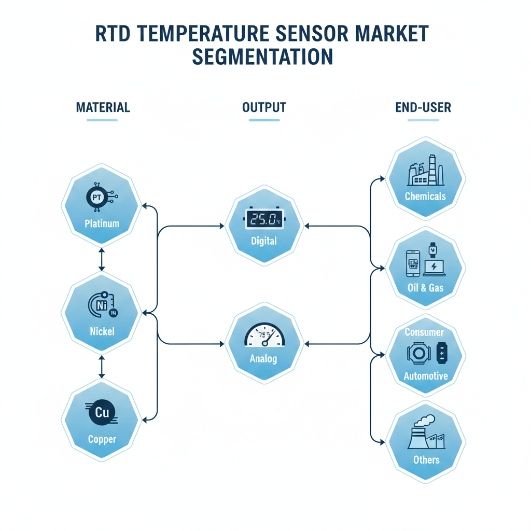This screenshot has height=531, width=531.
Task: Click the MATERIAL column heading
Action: [x=103, y=108]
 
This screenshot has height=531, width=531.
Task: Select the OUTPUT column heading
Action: [x=264, y=108]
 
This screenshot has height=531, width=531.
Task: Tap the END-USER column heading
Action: [x=423, y=108]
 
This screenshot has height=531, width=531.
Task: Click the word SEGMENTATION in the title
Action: [x=262, y=57]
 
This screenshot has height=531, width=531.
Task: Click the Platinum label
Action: [x=102, y=224]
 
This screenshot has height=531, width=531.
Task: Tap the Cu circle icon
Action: [x=101, y=413]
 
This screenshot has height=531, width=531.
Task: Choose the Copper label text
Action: [x=102, y=439]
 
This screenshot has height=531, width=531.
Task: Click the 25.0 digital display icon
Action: [x=263, y=219]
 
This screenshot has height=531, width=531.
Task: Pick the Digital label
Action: [x=263, y=241]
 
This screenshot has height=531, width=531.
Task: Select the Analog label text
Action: [x=263, y=358]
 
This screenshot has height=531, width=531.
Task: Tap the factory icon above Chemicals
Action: [x=425, y=172]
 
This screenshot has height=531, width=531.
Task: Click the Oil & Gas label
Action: [x=425, y=287]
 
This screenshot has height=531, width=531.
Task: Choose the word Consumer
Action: [x=424, y=332]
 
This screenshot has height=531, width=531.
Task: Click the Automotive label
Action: [x=425, y=376]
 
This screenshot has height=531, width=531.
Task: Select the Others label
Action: [x=426, y=459]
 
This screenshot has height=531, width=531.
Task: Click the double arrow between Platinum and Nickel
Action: [x=102, y=259]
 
